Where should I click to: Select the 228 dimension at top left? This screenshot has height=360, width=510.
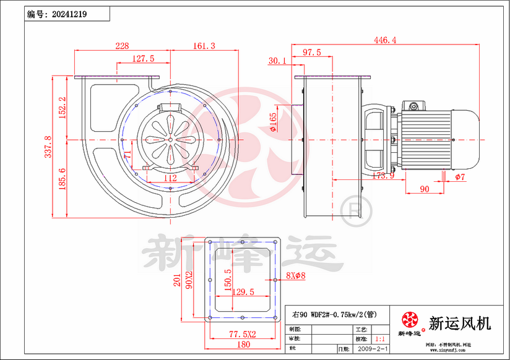(122, 46)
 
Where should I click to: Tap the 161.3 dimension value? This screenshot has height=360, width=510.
(204, 46)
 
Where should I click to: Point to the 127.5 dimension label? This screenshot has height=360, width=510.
(143, 58)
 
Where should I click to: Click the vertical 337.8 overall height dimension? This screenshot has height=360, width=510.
(47, 147)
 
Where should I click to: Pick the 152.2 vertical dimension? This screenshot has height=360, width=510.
(62, 108)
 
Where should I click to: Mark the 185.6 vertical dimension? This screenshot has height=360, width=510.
(62, 179)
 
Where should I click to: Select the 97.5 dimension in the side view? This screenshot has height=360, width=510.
(311, 52)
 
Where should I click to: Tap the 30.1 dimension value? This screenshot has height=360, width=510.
(277, 61)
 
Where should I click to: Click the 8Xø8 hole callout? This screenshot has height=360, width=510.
(296, 276)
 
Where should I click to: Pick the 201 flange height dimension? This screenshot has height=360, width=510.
(175, 281)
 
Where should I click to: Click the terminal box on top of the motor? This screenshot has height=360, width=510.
(413, 106)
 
